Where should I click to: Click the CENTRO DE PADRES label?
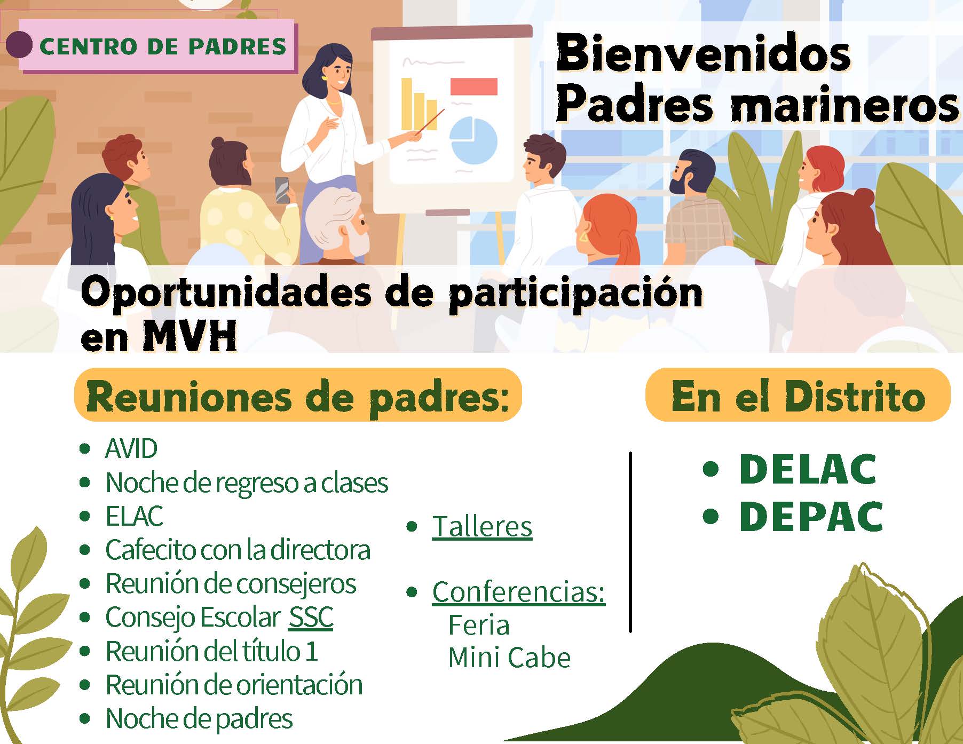click(x=163, y=46)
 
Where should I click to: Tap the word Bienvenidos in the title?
click(x=703, y=53)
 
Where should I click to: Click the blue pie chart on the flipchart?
click(x=473, y=140)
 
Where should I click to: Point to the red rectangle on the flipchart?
click(x=473, y=86)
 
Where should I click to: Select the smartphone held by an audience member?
click(x=282, y=189)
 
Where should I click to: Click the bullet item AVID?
click(x=131, y=448)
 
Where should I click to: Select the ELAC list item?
click(x=135, y=516)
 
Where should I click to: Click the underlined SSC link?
click(x=311, y=618)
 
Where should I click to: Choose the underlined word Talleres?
click(x=482, y=527)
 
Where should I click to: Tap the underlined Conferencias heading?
click(x=519, y=592)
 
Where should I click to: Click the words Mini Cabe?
click(x=509, y=657)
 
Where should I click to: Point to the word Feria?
click(x=479, y=625)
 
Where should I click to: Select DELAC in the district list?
click(x=808, y=469)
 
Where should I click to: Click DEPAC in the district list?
click(x=811, y=516)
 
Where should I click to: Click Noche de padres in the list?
click(x=199, y=718)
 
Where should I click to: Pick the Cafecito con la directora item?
click(x=238, y=550)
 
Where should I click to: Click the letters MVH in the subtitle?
click(x=190, y=335)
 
